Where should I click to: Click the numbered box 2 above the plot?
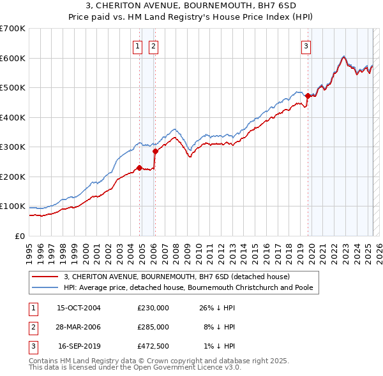point(154,46)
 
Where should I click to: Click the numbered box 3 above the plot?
point(306,46)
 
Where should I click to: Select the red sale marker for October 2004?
point(139,168)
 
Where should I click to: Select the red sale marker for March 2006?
point(155,152)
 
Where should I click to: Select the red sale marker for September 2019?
point(307,96)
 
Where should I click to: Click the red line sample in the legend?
point(46,277)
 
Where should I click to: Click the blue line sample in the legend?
point(46,287)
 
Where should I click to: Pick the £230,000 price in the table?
point(153,308)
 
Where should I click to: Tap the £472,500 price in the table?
point(153,346)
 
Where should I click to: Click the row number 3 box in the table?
point(32,346)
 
